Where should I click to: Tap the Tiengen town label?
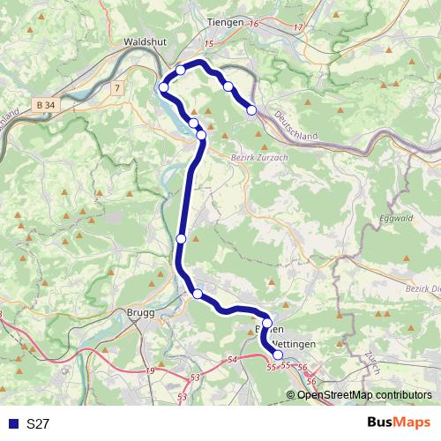click(x=225, y=21)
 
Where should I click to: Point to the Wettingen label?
click(x=290, y=342)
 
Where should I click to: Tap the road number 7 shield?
click(x=116, y=88)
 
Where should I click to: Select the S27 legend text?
click(x=38, y=424)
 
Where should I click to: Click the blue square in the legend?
click(x=12, y=424)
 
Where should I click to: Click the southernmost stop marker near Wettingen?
click(x=279, y=355)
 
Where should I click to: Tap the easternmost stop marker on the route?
click(x=252, y=110)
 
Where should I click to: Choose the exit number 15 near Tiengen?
click(x=208, y=43)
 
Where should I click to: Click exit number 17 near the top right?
click(x=297, y=28)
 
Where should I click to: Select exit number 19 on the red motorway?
click(x=149, y=370)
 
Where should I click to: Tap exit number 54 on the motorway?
click(x=232, y=360)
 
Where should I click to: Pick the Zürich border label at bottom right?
click(x=370, y=363)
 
